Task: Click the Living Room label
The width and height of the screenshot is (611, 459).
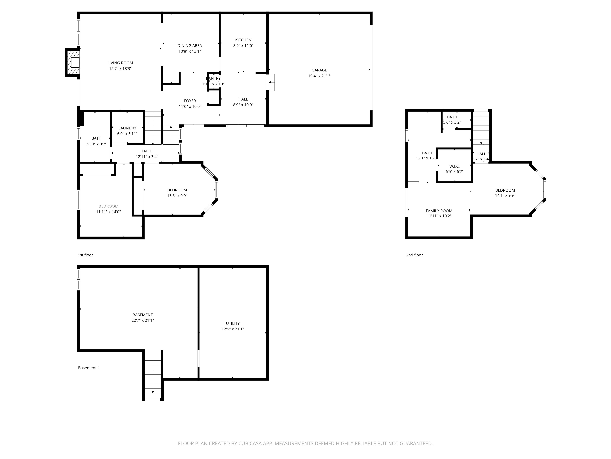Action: (x=120, y=63)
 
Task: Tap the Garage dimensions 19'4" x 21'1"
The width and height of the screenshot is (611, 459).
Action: (x=319, y=76)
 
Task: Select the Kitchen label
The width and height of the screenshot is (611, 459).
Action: (x=243, y=40)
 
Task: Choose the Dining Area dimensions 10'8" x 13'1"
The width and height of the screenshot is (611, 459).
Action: (x=190, y=51)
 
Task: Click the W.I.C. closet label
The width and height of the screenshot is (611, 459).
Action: (x=454, y=166)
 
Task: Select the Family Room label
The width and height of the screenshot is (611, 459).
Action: (x=439, y=211)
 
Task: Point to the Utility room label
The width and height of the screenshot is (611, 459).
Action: (x=233, y=323)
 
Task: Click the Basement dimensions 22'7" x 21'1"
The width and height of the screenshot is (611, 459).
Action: (x=143, y=320)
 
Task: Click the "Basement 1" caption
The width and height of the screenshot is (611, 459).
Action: (x=89, y=368)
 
